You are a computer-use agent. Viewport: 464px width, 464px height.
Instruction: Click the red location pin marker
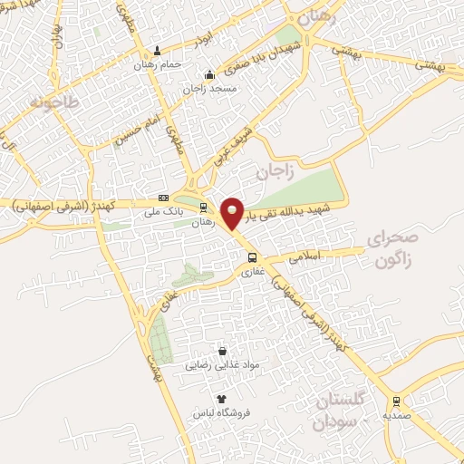[x=233, y=212]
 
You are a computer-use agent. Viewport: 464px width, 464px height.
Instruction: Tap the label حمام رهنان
[x=152, y=65]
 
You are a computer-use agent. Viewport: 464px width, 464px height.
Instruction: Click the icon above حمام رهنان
[x=158, y=51]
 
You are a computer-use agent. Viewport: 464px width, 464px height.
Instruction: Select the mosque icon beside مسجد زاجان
[x=209, y=74]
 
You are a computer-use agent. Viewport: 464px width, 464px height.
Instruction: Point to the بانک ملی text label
[x=163, y=213]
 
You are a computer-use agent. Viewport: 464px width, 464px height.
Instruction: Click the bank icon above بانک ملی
[x=163, y=198]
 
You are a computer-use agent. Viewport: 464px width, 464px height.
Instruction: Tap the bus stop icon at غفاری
[x=253, y=256]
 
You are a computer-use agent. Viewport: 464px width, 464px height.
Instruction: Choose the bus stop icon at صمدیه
[x=395, y=400]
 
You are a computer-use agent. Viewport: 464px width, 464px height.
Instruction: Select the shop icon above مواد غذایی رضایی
[x=222, y=351]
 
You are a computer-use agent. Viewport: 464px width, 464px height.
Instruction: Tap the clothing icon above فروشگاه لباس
[x=220, y=398]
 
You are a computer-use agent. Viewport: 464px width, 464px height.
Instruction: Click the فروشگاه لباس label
[x=220, y=412]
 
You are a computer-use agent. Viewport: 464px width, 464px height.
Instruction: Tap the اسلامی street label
[x=306, y=257]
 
